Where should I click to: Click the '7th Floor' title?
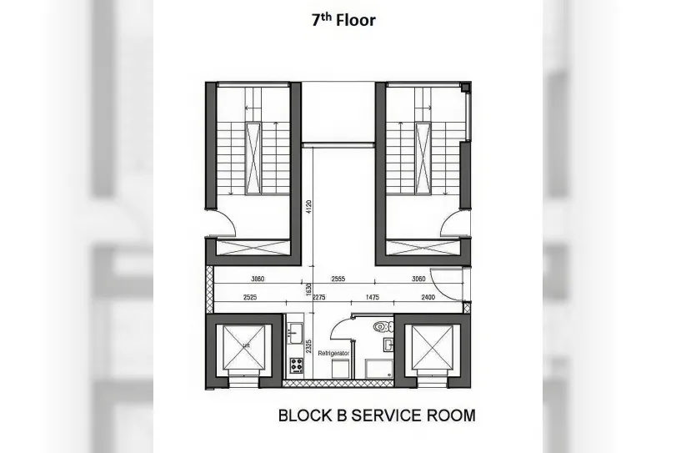[343, 19]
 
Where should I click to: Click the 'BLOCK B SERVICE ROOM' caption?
[376, 415]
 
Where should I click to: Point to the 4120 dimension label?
[309, 206]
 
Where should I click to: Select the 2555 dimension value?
[338, 279]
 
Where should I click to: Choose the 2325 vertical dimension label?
[309, 347]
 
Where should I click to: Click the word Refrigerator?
[334, 354]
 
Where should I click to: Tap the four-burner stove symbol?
[295, 365]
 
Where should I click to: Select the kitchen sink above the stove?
[294, 333]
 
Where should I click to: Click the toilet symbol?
[382, 326]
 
